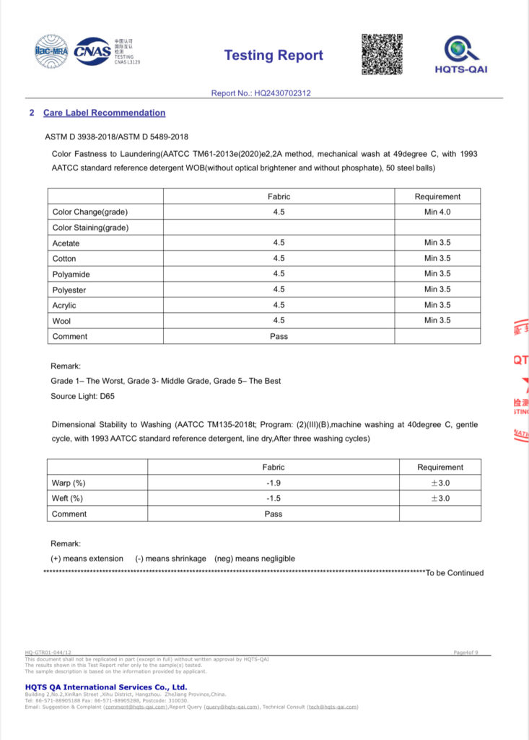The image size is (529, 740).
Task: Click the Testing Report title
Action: [274, 56]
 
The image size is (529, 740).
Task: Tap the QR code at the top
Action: [382, 54]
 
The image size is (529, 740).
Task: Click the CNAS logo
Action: [92, 51]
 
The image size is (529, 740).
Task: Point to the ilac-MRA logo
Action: [52, 51]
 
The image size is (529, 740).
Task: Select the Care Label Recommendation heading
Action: [104, 113]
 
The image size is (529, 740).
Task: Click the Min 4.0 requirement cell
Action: [437, 212]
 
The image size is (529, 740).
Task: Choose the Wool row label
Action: [63, 320]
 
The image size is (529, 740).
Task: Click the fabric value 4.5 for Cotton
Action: [279, 258]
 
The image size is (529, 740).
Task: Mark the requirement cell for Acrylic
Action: [437, 305]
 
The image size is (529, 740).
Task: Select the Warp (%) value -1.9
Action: [273, 483]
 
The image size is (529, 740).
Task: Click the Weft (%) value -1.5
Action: [273, 498]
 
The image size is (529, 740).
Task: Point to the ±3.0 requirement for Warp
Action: [440, 483]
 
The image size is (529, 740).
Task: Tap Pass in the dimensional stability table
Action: [273, 514]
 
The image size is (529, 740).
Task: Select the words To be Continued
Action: [455, 573]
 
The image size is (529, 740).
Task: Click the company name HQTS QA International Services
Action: [106, 687]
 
